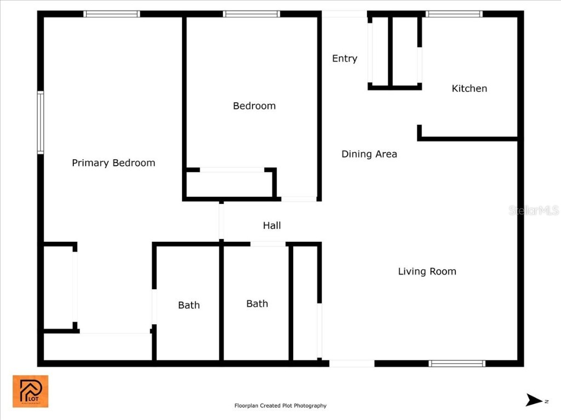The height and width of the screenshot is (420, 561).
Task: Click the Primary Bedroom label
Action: pos(113,163)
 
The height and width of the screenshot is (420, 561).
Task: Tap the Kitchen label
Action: pos(469,89)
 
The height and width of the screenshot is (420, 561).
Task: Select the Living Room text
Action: pos(427,271)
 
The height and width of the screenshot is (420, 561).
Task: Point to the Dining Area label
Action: pos(369,154)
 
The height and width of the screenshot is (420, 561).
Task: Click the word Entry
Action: pos(345,59)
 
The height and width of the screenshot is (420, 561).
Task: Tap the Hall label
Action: pos(272,225)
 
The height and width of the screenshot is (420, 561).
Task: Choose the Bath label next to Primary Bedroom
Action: pos(189,305)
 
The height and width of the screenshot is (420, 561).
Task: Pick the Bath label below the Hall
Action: pos(257,304)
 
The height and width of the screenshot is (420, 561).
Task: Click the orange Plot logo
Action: pos(31,391)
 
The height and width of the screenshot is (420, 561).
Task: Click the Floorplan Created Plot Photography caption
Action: pos(280,406)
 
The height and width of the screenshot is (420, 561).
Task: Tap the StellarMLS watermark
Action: pos(534,210)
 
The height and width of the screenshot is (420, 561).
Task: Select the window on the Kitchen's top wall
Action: pos(454,14)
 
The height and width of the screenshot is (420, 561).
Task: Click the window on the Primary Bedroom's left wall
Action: pos(41,122)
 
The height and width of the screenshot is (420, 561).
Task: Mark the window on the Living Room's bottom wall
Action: pos(457,363)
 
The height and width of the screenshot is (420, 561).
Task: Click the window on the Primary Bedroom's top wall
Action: pos(112,14)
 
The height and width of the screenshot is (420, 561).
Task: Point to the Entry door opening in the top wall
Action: pos(344,14)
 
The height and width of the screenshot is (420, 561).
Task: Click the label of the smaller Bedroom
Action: pos(254,106)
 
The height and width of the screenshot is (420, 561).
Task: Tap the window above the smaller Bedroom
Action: pos(252,14)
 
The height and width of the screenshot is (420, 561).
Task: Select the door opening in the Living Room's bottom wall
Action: pos(352,363)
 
